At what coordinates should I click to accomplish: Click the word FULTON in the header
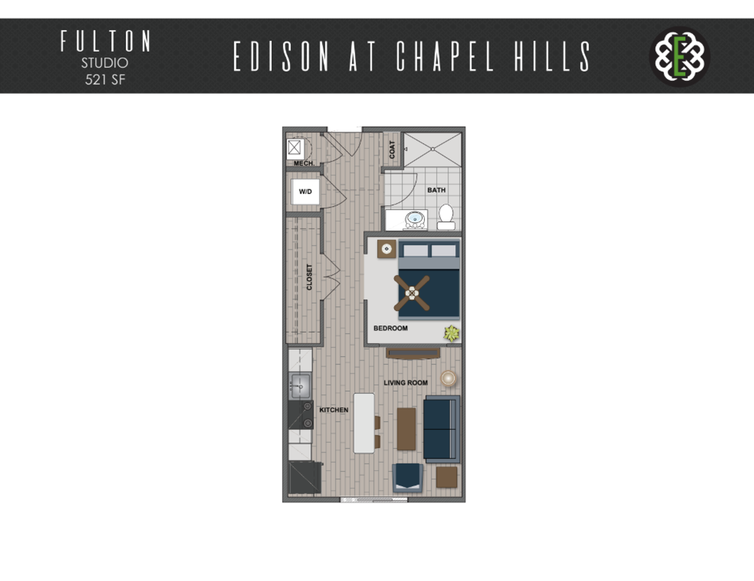[106, 41]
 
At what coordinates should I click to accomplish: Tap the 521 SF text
[105, 80]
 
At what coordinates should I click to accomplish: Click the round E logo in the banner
[680, 56]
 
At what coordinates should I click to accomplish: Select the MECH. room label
[304, 163]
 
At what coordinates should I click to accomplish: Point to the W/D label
[305, 192]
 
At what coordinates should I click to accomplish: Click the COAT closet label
[392, 150]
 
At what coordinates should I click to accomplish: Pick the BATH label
[436, 190]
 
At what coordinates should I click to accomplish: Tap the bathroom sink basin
[415, 219]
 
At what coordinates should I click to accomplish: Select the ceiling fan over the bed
[412, 293]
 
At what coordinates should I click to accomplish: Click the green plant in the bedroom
[452, 334]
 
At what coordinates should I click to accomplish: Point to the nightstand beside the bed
[387, 249]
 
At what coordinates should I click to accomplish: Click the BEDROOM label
[390, 328]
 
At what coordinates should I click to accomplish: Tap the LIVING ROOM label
[406, 383]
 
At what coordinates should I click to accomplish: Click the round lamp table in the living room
[448, 378]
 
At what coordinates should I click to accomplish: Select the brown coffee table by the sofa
[406, 429]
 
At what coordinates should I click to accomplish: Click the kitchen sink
[301, 386]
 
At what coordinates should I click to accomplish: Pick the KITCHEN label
[334, 410]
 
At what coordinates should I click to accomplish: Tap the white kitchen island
[364, 423]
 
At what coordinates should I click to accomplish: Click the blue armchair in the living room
[408, 478]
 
